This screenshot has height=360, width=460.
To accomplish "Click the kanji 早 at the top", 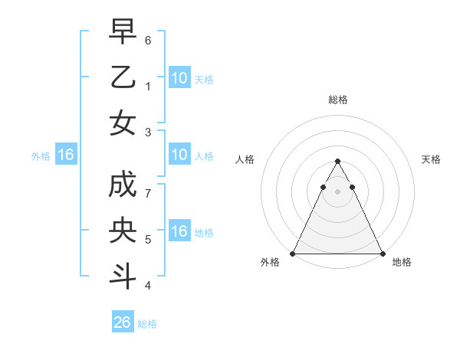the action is pyautogui.click(x=123, y=33).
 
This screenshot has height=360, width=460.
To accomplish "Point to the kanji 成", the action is pyautogui.click(x=123, y=185).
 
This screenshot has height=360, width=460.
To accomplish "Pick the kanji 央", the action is pyautogui.click(x=123, y=231).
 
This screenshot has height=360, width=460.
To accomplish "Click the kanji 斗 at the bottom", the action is pyautogui.click(x=123, y=276).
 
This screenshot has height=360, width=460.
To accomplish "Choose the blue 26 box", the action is pyautogui.click(x=123, y=322).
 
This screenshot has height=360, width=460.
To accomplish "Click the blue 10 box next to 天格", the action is pyautogui.click(x=179, y=77).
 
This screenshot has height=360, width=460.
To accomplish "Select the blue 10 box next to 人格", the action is pyautogui.click(x=179, y=155).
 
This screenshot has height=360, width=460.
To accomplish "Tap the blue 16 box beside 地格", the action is pyautogui.click(x=179, y=231).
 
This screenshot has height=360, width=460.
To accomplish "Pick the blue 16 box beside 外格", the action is pyautogui.click(x=66, y=155).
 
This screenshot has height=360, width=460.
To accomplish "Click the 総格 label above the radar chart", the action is pyautogui.click(x=337, y=100).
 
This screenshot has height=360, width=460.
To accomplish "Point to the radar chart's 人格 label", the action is pyautogui.click(x=245, y=159).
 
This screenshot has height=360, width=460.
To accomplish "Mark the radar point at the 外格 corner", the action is pyautogui.click(x=293, y=254).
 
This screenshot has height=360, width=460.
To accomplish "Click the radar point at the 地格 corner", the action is pyautogui.click(x=382, y=254).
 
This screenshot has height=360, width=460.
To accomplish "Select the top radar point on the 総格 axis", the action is pyautogui.click(x=337, y=162).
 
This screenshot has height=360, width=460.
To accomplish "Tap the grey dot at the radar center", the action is pyautogui.click(x=337, y=191).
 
